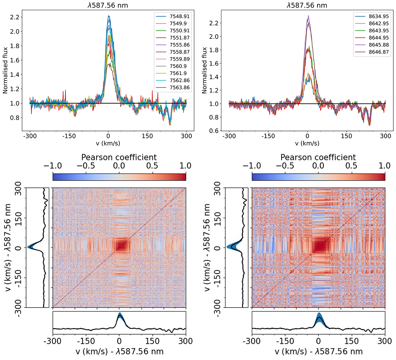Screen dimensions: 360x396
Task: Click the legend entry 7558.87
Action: (180, 52)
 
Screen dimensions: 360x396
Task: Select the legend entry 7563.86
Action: (180, 87)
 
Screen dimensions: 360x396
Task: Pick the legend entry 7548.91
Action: (180, 16)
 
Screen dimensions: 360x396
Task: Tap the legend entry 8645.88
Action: (379, 45)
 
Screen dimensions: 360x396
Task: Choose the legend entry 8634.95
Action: (379, 16)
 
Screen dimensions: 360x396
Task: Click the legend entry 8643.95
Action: (379, 31)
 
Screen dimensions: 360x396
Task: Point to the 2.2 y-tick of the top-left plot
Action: (15, 17)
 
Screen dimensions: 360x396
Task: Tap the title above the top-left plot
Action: (108, 6)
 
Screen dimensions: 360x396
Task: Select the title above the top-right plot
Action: (307, 6)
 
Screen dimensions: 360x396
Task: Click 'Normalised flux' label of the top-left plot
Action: (6, 70)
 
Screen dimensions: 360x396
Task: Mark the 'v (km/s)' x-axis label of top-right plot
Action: (307, 143)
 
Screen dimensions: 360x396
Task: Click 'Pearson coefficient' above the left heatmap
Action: (119, 157)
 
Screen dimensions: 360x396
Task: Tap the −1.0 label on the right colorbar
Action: (251, 166)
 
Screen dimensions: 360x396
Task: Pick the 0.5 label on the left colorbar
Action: (152, 166)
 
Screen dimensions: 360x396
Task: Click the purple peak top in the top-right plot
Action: (308, 16)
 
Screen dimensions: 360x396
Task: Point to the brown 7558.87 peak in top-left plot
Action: (109, 64)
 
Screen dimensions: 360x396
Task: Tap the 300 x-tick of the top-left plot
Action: (186, 136)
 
